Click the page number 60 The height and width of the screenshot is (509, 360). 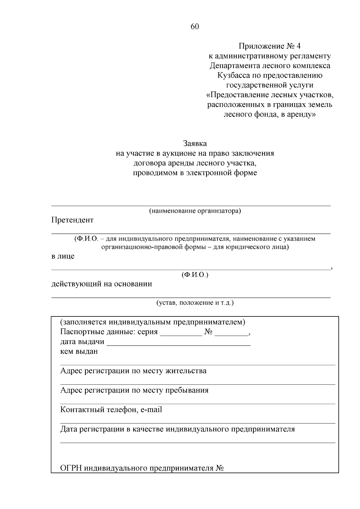pos(195,27)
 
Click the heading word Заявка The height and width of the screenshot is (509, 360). pos(195,143)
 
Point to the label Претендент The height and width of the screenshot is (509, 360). pos(72,220)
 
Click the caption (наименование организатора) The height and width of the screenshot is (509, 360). pos(195,211)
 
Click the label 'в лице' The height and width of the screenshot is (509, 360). pos(63,256)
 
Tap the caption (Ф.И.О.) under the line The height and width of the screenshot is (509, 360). pos(195,274)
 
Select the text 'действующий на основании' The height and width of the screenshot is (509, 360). pos(102,284)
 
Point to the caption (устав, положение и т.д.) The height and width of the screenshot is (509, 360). pos(195,302)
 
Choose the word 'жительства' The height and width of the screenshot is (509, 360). pos(186,371)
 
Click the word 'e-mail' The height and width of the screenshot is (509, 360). pos(151,410)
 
